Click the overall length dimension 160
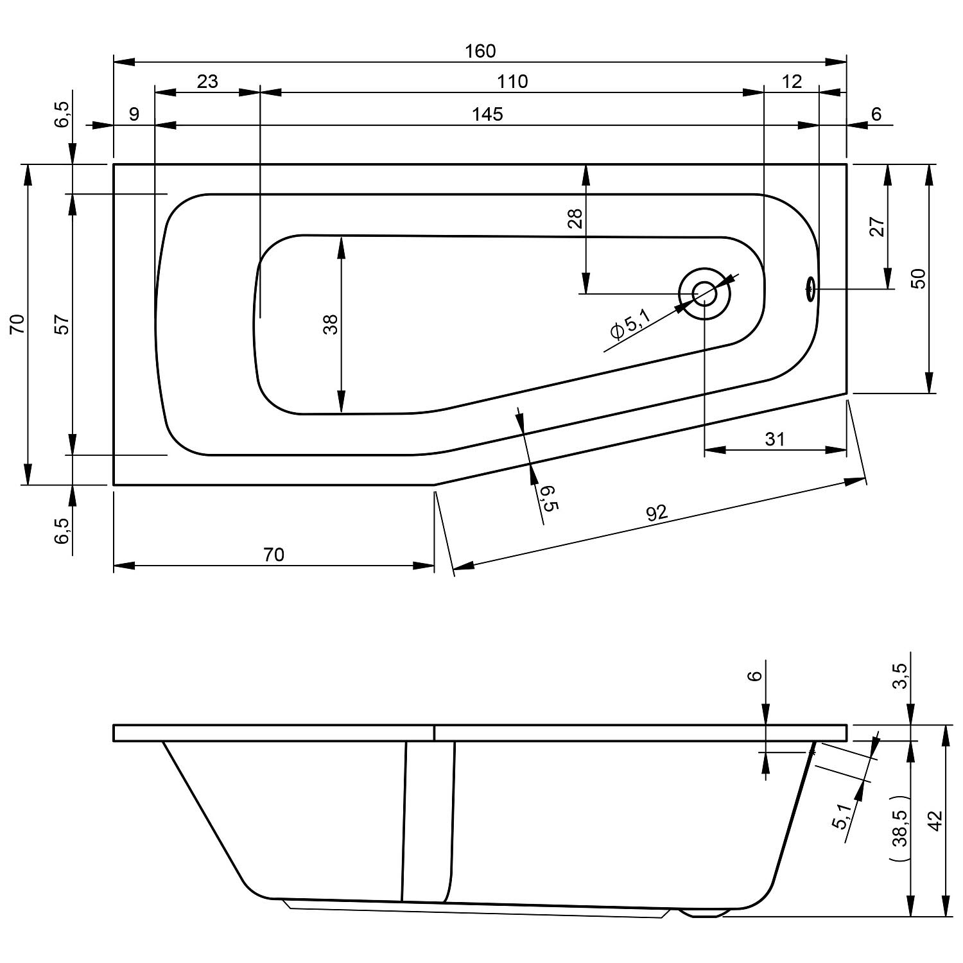tap(481, 51)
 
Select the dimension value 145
tap(487, 114)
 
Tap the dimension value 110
tap(512, 82)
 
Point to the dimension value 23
tap(207, 82)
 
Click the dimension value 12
tap(793, 82)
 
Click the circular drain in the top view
tap(704, 293)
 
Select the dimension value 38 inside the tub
tap(331, 324)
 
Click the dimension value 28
tap(575, 219)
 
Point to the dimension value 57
tap(62, 324)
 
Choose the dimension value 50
tap(919, 278)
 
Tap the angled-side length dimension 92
tap(657, 512)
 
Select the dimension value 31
tap(775, 439)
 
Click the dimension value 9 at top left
tap(134, 114)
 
